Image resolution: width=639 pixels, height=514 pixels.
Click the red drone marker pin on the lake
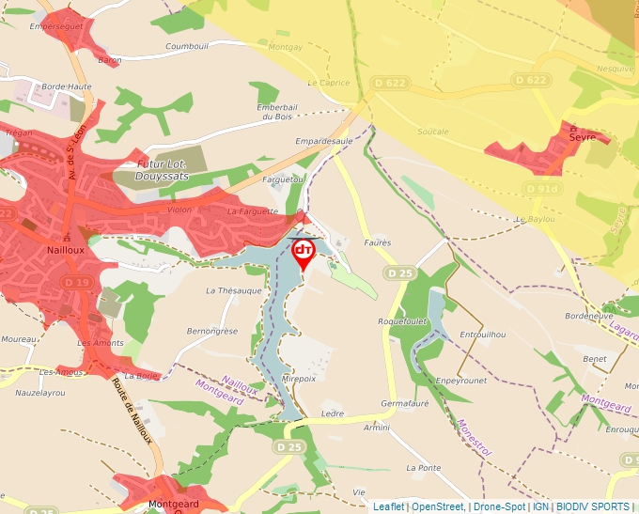304,252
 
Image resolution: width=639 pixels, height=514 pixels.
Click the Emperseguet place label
56,27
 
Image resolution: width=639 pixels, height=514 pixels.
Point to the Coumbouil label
186,46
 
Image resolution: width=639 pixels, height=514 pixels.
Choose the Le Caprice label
328,83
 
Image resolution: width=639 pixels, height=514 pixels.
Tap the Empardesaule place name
323,141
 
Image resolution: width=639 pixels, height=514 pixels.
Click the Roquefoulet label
402,321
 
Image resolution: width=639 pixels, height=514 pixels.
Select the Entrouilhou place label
483,335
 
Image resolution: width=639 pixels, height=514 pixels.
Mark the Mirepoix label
299,379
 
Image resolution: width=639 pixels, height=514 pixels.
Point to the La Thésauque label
233,291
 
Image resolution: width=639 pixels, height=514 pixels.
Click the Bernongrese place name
212,332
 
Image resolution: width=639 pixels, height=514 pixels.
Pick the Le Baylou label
534,219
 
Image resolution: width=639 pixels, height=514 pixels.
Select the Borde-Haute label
66,86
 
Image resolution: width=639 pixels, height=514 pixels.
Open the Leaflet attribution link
388,507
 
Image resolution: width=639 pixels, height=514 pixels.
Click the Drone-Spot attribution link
499,507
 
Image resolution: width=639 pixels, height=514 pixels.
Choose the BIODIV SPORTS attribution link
593,507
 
